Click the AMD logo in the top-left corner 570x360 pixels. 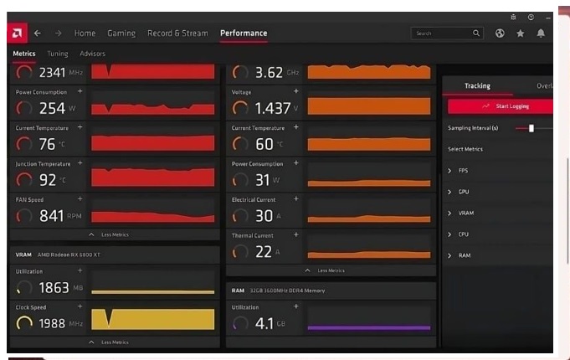[x=17, y=33]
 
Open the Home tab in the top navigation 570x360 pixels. [x=85, y=33]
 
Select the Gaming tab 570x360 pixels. [x=121, y=33]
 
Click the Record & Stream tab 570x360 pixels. [x=177, y=33]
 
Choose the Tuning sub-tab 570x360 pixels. [x=58, y=54]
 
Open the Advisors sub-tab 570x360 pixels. [x=93, y=54]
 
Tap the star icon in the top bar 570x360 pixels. [x=520, y=33]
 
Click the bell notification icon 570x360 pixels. [x=541, y=33]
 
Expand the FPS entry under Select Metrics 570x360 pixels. [x=463, y=171]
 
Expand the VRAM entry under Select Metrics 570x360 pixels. [x=465, y=213]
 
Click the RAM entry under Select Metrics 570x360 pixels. [x=464, y=255]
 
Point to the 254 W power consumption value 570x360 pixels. [x=52, y=108]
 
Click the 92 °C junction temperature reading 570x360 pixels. [x=47, y=179]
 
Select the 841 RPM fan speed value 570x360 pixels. [x=52, y=216]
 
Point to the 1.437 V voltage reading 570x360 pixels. [x=273, y=108]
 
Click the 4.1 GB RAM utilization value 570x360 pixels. [x=264, y=323]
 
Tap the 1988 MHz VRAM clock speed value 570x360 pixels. [x=52, y=323]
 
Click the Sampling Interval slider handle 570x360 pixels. [x=531, y=128]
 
